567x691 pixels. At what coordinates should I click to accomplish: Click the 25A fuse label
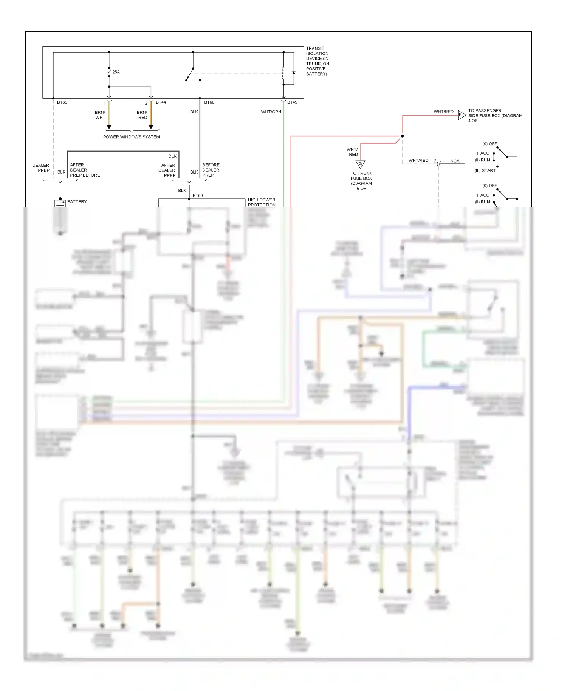(x=116, y=72)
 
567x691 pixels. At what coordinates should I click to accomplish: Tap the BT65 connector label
(x=62, y=102)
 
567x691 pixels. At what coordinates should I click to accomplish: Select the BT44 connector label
(x=161, y=102)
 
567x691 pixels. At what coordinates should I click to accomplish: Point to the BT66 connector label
(x=209, y=102)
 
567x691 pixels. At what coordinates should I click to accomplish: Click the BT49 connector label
(x=292, y=102)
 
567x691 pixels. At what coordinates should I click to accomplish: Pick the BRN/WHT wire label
(x=100, y=115)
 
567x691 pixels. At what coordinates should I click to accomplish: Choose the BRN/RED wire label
(x=142, y=115)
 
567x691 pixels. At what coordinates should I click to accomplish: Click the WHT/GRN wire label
(x=271, y=112)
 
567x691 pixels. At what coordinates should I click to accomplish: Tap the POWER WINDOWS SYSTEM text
(x=132, y=137)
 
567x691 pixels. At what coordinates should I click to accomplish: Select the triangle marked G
(x=360, y=164)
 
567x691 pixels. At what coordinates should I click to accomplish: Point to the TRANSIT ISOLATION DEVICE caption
(x=318, y=61)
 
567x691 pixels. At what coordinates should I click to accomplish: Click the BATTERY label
(x=77, y=202)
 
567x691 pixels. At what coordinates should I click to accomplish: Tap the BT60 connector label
(x=198, y=195)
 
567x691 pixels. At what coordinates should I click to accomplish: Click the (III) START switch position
(x=485, y=170)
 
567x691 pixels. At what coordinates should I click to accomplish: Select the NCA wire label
(x=455, y=161)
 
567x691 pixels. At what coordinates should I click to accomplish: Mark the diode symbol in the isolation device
(x=294, y=73)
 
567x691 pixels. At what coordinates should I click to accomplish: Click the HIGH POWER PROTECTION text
(x=262, y=202)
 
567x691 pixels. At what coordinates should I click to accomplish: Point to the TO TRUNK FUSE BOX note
(x=361, y=181)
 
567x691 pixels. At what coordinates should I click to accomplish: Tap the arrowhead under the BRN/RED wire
(x=151, y=127)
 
